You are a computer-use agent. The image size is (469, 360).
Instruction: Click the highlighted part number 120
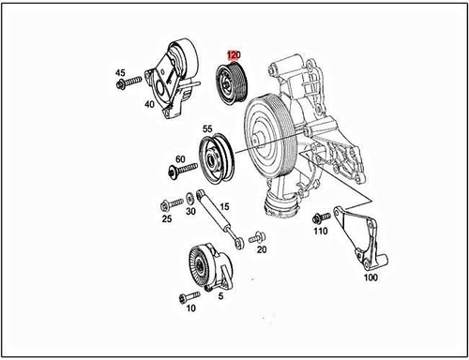pos(234,56)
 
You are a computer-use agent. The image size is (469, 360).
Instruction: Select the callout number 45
pos(120,72)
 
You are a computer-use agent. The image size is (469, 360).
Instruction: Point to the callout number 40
pos(149,104)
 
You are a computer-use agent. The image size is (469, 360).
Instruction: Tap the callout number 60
pos(179,159)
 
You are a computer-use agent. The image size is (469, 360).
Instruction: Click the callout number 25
pos(167,218)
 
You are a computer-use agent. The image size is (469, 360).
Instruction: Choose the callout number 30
pos(190,213)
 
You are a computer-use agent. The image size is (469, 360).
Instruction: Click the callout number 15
pos(224,206)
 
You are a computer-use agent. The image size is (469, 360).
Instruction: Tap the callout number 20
pos(261,249)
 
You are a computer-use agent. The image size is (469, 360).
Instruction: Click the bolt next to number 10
pos(186,297)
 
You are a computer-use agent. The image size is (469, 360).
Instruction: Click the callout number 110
pos(320,230)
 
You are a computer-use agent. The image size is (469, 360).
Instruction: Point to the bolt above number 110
pos(319,216)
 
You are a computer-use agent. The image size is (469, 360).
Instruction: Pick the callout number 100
pos(371,278)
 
